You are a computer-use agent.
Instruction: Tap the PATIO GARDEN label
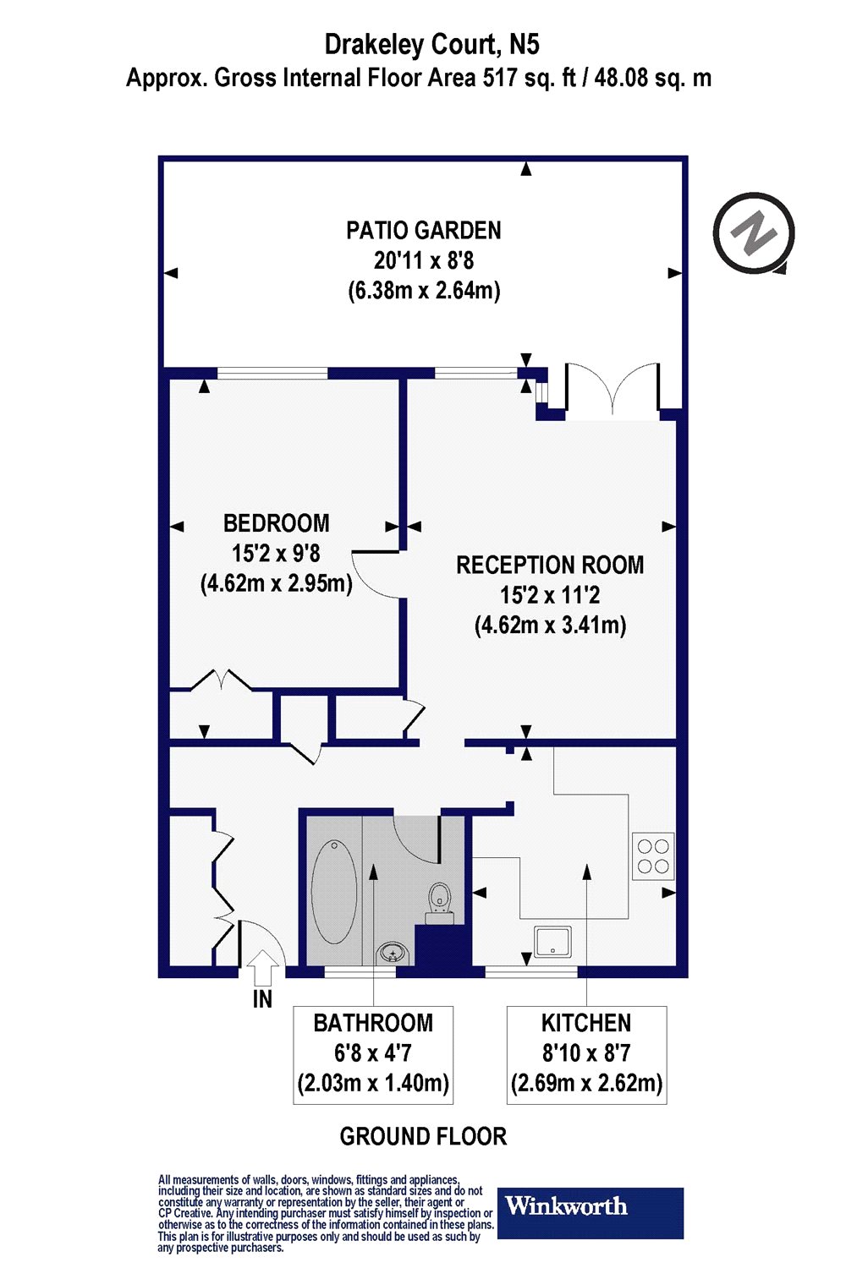[x=423, y=230]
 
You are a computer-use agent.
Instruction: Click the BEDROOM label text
[x=276, y=523]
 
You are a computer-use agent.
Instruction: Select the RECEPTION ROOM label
[x=550, y=565]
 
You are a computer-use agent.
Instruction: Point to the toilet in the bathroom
[x=439, y=899]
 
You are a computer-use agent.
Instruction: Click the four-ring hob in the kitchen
[x=653, y=855]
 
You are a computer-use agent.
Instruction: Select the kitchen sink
[x=552, y=941]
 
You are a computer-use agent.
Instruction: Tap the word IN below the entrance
[x=263, y=999]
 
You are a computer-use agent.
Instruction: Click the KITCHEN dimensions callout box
[x=586, y=1054]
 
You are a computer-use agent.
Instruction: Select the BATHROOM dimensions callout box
[x=373, y=1054]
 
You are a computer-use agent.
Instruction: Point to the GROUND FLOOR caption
[x=423, y=1136]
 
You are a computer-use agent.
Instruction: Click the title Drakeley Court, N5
[x=431, y=44]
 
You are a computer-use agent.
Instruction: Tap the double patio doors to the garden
[x=612, y=391]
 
